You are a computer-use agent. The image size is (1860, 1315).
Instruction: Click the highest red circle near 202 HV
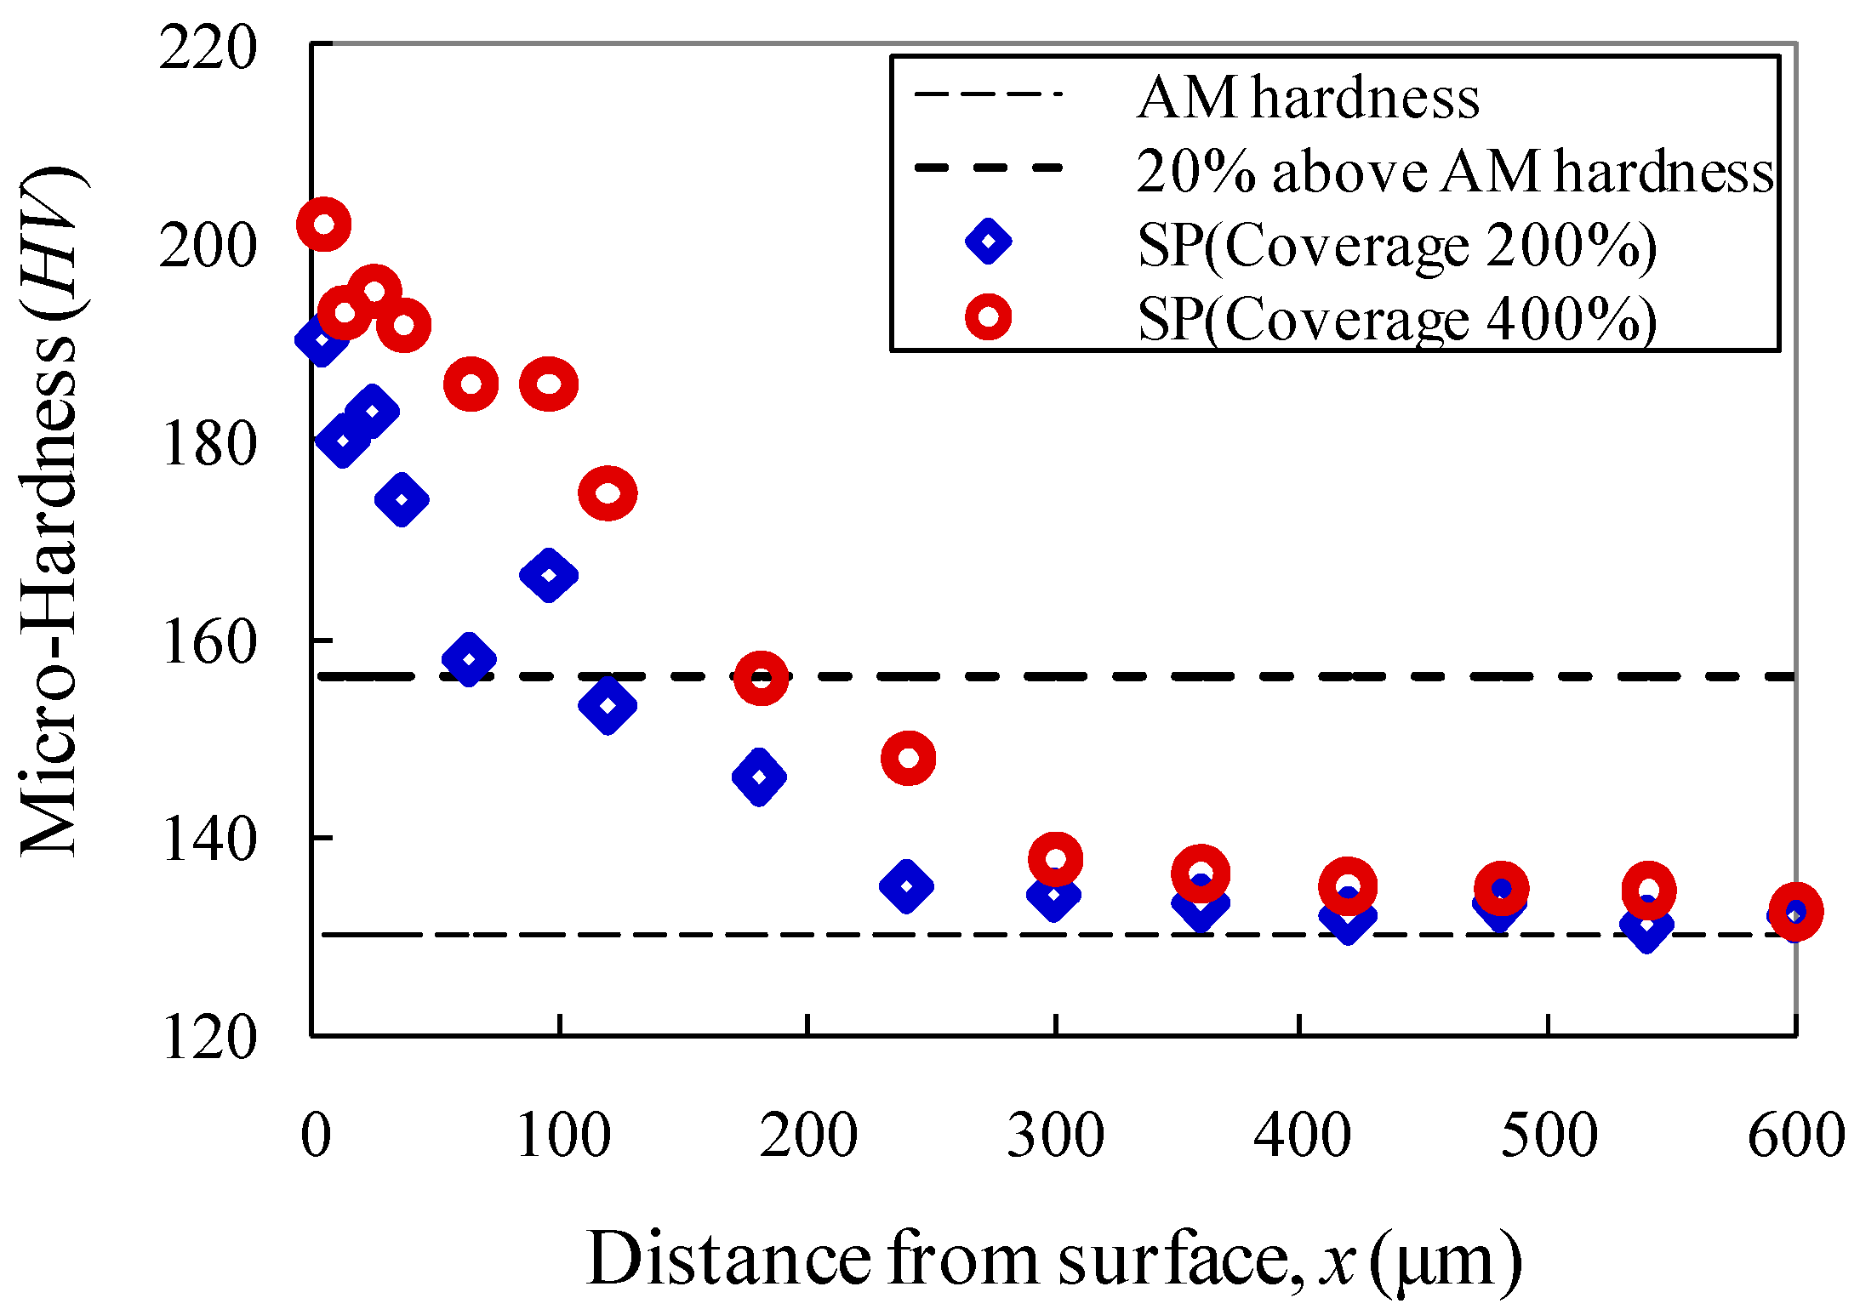[323, 225]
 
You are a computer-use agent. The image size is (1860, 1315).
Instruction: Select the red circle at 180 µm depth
[761, 678]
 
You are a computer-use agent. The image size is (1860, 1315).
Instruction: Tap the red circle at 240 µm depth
[908, 757]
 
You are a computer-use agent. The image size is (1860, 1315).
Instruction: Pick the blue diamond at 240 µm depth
[906, 886]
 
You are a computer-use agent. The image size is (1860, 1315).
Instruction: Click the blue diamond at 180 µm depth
[759, 777]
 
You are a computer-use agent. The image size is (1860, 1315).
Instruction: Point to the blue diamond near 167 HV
[549, 576]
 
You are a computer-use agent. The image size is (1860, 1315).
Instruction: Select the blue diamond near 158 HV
[469, 659]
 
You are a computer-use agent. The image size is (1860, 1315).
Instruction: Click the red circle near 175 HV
[608, 493]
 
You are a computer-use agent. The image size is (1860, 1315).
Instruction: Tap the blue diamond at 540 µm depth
[1646, 925]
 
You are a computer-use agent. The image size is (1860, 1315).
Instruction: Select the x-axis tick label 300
[1055, 1136]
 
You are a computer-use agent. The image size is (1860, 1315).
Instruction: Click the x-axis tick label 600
[1795, 1136]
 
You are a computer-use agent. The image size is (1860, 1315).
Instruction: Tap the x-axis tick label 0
[316, 1136]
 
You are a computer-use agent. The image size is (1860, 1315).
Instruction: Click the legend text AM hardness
[1308, 98]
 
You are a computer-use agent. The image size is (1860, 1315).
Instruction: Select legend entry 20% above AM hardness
[1455, 172]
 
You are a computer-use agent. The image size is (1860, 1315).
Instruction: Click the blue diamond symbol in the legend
[988, 242]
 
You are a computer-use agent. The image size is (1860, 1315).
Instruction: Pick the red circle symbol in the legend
[988, 317]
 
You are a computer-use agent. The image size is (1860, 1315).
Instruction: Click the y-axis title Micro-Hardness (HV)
[51, 510]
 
